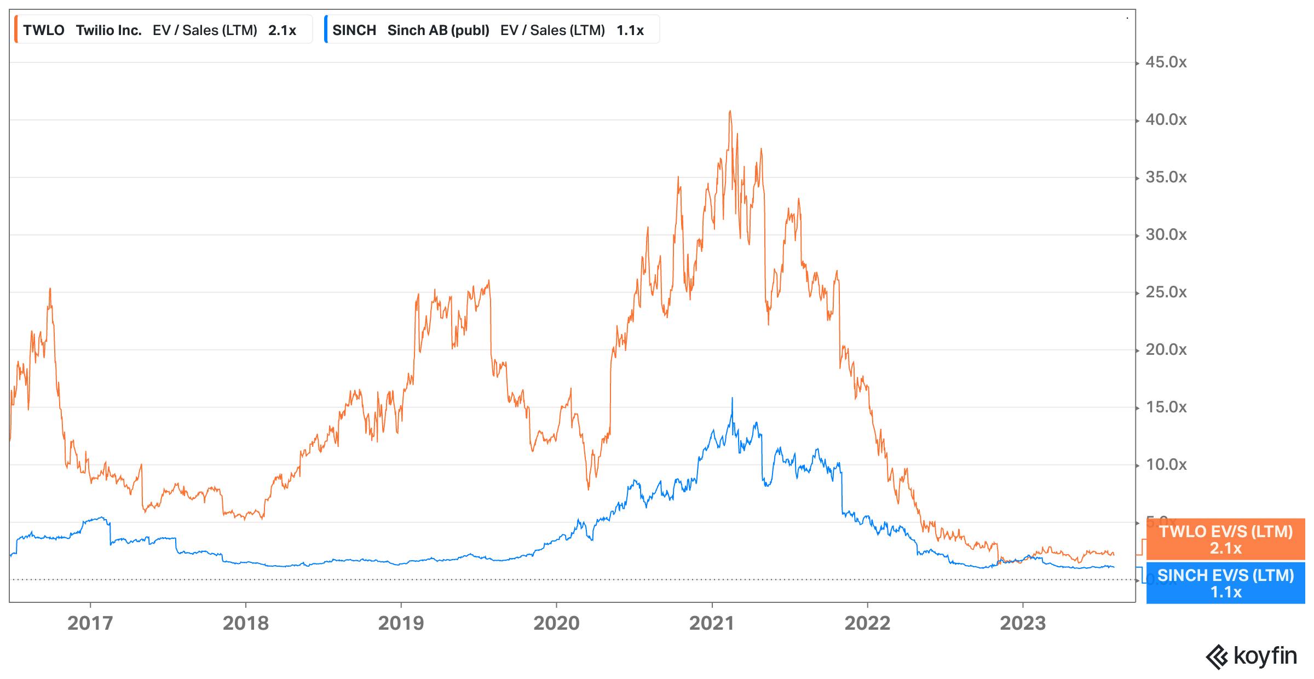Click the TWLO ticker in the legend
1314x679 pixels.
(x=44, y=30)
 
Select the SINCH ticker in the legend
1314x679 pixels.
(x=354, y=30)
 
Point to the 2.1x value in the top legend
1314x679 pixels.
(x=282, y=30)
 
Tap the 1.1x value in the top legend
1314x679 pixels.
(x=630, y=30)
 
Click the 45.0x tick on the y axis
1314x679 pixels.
(x=1166, y=62)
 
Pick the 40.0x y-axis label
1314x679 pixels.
(x=1166, y=120)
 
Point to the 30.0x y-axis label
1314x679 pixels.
(x=1166, y=235)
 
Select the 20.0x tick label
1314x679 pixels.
(x=1166, y=350)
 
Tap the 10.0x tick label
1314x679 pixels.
(x=1166, y=465)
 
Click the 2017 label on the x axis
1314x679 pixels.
(x=90, y=623)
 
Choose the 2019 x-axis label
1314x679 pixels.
(x=401, y=623)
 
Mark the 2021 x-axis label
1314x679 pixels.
(x=712, y=623)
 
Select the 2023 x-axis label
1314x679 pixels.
(x=1023, y=623)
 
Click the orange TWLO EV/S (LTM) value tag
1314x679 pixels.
(x=1225, y=539)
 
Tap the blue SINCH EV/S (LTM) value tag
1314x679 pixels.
(x=1225, y=583)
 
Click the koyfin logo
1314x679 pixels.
(x=1252, y=656)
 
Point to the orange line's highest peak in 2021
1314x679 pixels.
(x=730, y=111)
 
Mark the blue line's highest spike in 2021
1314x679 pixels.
(x=732, y=399)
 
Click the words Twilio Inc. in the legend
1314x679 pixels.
(x=108, y=30)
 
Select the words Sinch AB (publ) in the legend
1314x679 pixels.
(x=438, y=30)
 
